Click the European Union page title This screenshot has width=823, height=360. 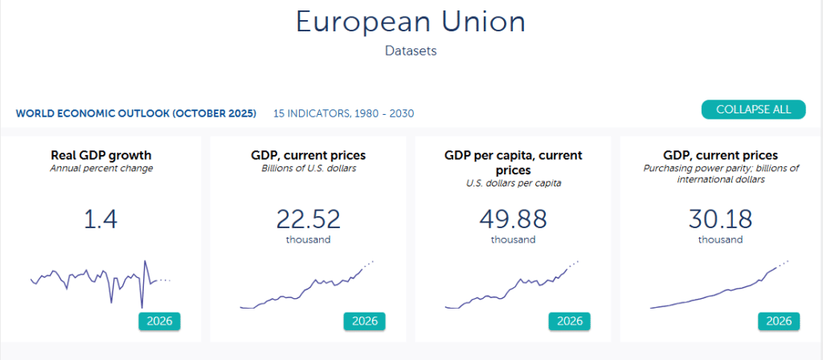point(411,22)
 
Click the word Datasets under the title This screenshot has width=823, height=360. point(411,51)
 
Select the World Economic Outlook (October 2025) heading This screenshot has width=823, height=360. point(136,113)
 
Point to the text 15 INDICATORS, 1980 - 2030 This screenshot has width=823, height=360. point(343,113)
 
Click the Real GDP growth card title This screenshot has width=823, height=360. point(101,155)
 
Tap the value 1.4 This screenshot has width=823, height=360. point(101,219)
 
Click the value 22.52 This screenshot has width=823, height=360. point(308,219)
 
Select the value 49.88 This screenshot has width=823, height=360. point(513,219)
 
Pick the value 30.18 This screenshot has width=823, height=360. point(720,219)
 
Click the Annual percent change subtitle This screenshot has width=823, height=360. point(101,169)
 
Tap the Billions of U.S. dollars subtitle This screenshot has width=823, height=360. point(308,169)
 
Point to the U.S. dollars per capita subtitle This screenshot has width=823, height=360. point(513,183)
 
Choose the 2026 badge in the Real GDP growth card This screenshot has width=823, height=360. point(159,321)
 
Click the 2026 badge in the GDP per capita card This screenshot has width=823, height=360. point(570,321)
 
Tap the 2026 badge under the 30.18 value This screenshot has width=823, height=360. point(779,321)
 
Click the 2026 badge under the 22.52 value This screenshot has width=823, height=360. point(365,321)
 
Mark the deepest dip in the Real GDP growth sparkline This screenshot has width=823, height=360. point(141,307)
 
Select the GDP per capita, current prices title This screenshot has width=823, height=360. point(513,162)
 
